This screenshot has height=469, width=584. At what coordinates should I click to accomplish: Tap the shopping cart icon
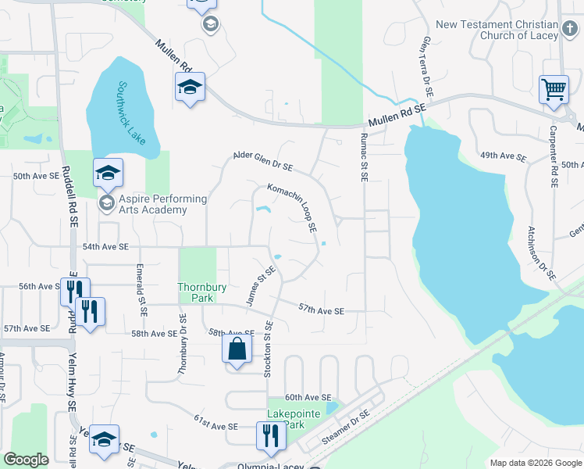(x=554, y=89)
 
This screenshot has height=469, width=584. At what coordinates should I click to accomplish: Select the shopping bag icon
(x=237, y=349)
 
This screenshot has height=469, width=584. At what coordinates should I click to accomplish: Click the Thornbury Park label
(x=201, y=292)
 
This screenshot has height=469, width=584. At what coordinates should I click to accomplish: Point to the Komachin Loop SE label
(x=292, y=208)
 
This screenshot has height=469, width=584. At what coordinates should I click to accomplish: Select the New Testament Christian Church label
(x=497, y=30)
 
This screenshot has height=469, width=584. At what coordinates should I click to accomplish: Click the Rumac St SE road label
(x=363, y=157)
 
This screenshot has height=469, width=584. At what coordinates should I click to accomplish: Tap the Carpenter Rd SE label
(x=552, y=157)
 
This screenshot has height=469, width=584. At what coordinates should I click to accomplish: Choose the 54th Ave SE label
(x=105, y=247)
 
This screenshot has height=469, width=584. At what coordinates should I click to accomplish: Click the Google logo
(x=26, y=460)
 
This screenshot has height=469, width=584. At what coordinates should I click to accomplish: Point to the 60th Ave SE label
(x=308, y=398)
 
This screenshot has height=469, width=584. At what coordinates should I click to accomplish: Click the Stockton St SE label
(x=267, y=349)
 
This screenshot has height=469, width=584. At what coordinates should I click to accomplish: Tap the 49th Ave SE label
(x=504, y=156)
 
